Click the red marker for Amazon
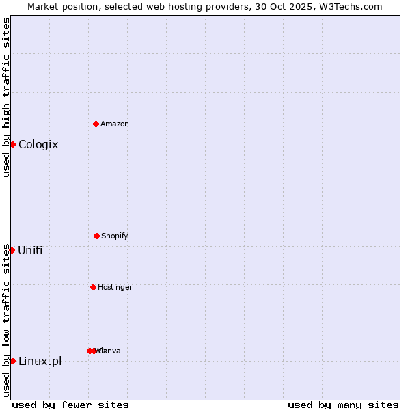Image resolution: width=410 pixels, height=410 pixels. point(96,124)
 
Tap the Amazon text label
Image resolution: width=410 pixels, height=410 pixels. point(115,124)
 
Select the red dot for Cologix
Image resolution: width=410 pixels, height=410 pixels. point(12,144)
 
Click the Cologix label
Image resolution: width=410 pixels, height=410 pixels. point(38,145)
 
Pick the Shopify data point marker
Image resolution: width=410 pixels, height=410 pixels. point(96,236)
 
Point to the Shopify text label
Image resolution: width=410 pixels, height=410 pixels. point(115,236)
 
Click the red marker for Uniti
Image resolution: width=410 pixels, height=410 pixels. point(12,250)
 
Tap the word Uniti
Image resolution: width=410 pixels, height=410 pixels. point(30,251)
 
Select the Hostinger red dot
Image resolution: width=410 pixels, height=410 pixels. point(93,287)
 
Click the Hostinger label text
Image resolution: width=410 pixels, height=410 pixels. point(115,287)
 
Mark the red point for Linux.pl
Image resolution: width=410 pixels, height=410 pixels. point(12,361)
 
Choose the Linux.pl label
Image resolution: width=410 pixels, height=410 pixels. point(40,361)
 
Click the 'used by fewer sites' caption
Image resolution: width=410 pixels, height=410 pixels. point(70,405)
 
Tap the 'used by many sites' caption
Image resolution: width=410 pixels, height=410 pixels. point(343,405)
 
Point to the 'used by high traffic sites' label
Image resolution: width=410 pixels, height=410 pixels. point(6,97)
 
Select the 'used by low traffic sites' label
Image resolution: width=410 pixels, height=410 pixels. point(6,320)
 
